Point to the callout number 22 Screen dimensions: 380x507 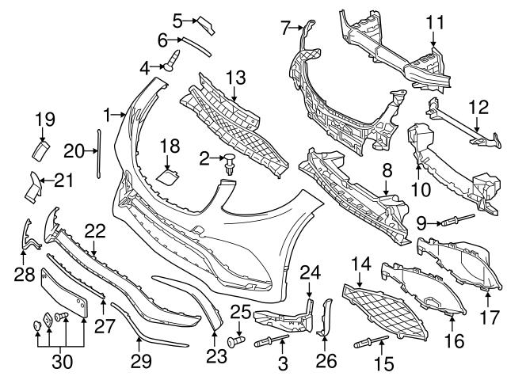pyautogui.click(x=95, y=230)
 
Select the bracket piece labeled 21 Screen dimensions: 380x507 pyautogui.click(x=36, y=184)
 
